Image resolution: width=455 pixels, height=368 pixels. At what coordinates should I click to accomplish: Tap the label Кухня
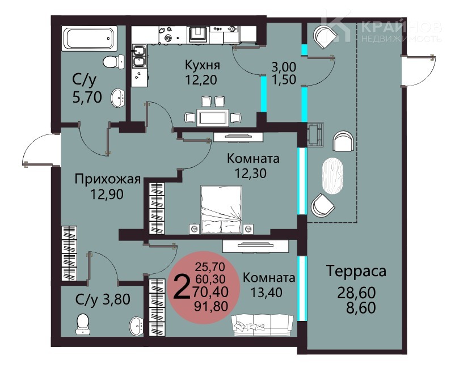pos(203,65)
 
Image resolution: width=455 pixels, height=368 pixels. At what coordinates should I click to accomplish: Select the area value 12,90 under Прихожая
pos(107,194)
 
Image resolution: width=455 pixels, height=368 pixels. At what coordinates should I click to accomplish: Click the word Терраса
pos(356,271)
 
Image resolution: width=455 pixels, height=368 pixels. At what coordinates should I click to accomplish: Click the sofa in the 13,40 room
pos(262,325)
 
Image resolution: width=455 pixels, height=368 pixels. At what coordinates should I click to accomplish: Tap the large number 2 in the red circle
pos(182,287)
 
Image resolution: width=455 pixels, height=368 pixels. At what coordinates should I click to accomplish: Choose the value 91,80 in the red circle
pos(211,306)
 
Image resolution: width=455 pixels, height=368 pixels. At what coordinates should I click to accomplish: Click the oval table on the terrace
pos(332,176)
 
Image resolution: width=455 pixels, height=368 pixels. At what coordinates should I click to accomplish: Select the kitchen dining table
pos(213,117)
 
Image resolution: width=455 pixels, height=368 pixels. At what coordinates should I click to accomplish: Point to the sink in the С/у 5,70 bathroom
pos(118,98)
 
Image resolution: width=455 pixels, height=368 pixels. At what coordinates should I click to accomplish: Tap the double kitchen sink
pos(139,56)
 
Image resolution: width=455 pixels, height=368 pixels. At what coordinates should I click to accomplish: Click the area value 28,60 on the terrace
pos(356,293)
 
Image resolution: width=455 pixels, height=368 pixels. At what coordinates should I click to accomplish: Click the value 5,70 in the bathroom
pos(87,98)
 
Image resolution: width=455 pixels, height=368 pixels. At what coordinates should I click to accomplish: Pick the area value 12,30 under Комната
pos(250,173)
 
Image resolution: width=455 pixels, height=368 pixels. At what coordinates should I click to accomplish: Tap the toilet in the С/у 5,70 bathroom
pos(113,62)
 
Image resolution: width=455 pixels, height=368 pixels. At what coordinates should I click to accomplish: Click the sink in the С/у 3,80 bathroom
pos(136,326)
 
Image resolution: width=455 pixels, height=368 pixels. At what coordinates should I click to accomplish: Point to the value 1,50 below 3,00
pos(284,79)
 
